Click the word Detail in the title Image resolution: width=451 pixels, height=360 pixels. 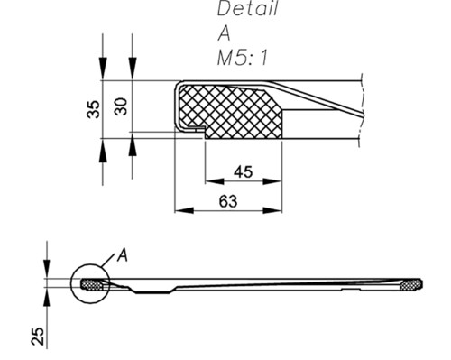coord(247,8)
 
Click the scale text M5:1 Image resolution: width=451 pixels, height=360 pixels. coord(243,57)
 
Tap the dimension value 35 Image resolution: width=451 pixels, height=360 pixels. coord(93,109)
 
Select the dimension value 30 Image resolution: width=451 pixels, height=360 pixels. coord(121,106)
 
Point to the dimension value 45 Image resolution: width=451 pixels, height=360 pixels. coord(244,172)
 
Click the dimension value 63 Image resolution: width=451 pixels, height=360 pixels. coord(228,201)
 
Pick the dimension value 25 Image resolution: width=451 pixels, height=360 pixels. coord(38,337)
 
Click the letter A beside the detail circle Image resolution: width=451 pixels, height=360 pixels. coord(123,255)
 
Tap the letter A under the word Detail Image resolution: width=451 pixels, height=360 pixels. coord(224,33)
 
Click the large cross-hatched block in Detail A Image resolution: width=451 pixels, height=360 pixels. coord(232,113)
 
